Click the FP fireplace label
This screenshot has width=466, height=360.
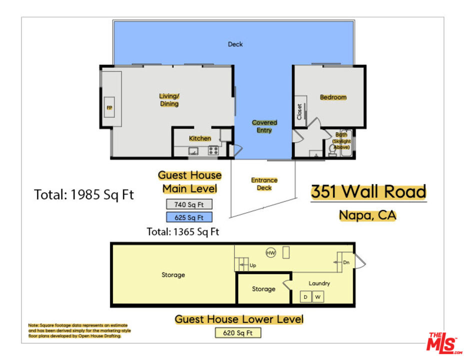(109, 108)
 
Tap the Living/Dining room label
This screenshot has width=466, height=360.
(169, 100)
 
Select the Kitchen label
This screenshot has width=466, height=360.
(199, 138)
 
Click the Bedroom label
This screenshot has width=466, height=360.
(333, 97)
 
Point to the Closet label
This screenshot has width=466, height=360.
(299, 111)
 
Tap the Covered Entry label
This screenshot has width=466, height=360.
(264, 126)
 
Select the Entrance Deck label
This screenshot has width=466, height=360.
(264, 184)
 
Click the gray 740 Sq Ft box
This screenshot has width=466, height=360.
(189, 204)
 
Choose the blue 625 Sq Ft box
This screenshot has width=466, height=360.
(189, 217)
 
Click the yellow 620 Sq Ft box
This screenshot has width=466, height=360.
(238, 332)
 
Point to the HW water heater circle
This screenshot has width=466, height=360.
(271, 253)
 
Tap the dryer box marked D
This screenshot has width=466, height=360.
(305, 297)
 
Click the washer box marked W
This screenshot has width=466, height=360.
(317, 297)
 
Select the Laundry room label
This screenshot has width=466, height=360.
(319, 283)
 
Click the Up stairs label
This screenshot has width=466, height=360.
(252, 265)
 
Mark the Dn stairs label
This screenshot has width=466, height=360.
(345, 262)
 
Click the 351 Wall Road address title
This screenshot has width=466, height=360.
(368, 192)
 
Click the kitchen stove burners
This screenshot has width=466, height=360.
(213, 150)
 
